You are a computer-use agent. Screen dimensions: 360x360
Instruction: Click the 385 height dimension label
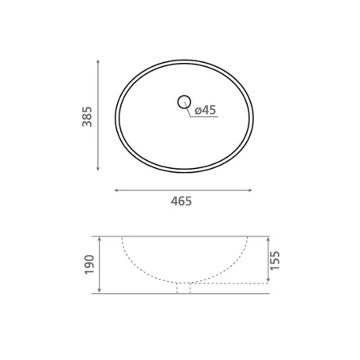pos(87,117)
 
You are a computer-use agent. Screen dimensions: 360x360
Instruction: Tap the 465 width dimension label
pos(182,202)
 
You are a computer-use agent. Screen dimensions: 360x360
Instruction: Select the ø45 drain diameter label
pos(205,110)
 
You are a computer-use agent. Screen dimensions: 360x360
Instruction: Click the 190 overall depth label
pos(89,264)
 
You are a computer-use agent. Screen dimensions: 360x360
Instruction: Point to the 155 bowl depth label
pos(275,260)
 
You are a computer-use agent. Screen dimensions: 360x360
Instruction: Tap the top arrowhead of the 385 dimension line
pos(98,62)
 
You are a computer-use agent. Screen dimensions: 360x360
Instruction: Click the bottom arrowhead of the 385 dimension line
pos(98,168)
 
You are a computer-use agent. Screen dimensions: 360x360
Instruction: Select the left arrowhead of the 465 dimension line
pos(116,190)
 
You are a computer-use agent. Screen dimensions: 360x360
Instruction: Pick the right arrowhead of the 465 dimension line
pos(249,190)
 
